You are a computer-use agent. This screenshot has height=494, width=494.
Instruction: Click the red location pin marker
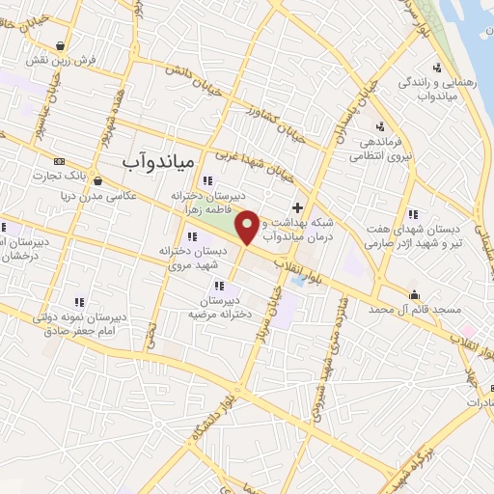[248, 226]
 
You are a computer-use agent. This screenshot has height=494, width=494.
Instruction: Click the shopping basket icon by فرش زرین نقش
[62, 44]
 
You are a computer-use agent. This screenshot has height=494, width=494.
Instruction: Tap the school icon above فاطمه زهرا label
[206, 180]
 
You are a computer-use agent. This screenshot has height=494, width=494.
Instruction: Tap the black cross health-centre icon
[297, 207]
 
